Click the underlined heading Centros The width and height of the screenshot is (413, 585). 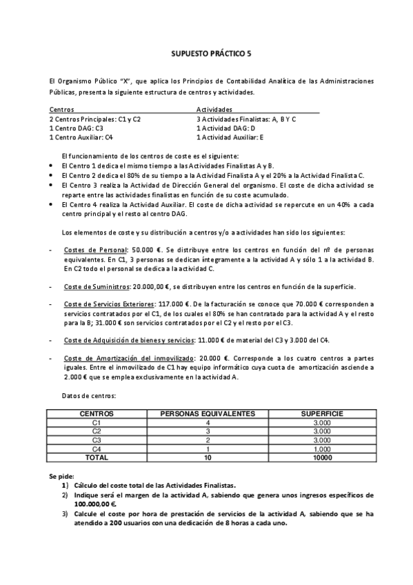click(62, 110)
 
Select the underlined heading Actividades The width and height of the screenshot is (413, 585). click(214, 110)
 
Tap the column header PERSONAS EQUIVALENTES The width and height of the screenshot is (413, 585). click(208, 413)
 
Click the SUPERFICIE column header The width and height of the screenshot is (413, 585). click(322, 413)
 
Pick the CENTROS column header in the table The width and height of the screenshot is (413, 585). click(97, 413)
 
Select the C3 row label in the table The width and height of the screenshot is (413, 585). click(97, 440)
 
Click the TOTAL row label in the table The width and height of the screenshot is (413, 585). click(97, 457)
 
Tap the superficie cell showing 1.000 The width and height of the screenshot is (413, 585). click(322, 449)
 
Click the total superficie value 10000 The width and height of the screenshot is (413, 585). click(322, 457)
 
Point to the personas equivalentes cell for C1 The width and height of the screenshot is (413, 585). click(208, 422)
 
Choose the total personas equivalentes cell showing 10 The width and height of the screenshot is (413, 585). click(208, 457)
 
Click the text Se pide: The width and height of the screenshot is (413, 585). click(61, 477)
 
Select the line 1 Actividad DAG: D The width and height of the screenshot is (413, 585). click(225, 128)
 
